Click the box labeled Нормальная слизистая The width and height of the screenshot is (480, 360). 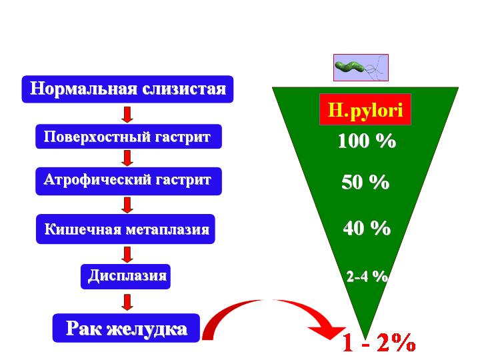point(127,89)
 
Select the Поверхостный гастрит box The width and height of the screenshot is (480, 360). point(129,137)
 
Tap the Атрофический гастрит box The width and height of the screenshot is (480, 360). point(129,181)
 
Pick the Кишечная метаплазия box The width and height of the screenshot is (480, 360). point(125,229)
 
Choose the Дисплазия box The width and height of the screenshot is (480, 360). point(125,277)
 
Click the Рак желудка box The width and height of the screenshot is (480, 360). point(126,328)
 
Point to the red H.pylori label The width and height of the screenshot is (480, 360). point(365,109)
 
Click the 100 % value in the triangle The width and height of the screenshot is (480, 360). point(367,141)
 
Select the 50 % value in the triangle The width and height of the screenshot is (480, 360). point(365,181)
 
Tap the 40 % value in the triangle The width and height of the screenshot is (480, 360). point(367,228)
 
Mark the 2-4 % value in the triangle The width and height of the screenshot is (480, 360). point(367,276)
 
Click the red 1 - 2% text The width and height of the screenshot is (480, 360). point(379,343)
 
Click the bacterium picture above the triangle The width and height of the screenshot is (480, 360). point(361,67)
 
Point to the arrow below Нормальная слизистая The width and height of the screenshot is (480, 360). point(127,115)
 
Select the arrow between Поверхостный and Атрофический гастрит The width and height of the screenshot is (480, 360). point(127,158)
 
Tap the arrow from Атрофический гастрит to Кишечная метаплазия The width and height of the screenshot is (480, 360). point(127,205)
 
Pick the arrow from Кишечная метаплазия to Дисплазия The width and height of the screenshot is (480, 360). point(127,255)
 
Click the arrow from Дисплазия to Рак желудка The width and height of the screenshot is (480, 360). point(127,303)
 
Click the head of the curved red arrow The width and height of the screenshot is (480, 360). point(329,332)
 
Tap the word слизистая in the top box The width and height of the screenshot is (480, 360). point(184,89)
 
